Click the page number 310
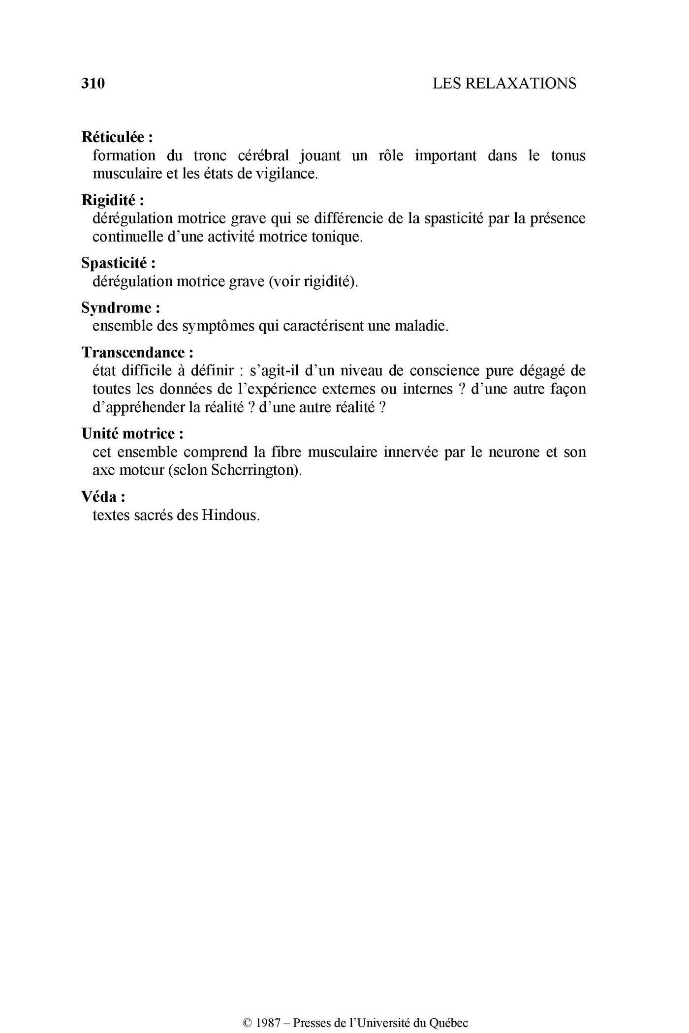tap(93, 84)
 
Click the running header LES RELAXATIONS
tap(504, 84)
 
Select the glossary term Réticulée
tap(114, 137)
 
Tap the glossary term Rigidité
tap(109, 200)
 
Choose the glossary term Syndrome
tap(117, 308)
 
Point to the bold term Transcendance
tap(133, 352)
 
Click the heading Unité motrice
tap(128, 433)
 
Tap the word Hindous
tap(230, 516)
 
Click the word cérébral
tap(263, 156)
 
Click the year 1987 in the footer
tap(268, 1023)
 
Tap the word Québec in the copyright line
tap(449, 1023)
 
